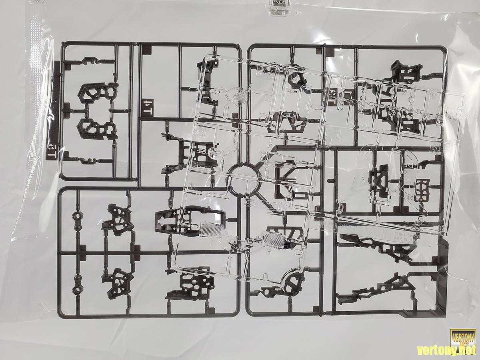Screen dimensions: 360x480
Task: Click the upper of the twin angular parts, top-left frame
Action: click(x=97, y=93)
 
